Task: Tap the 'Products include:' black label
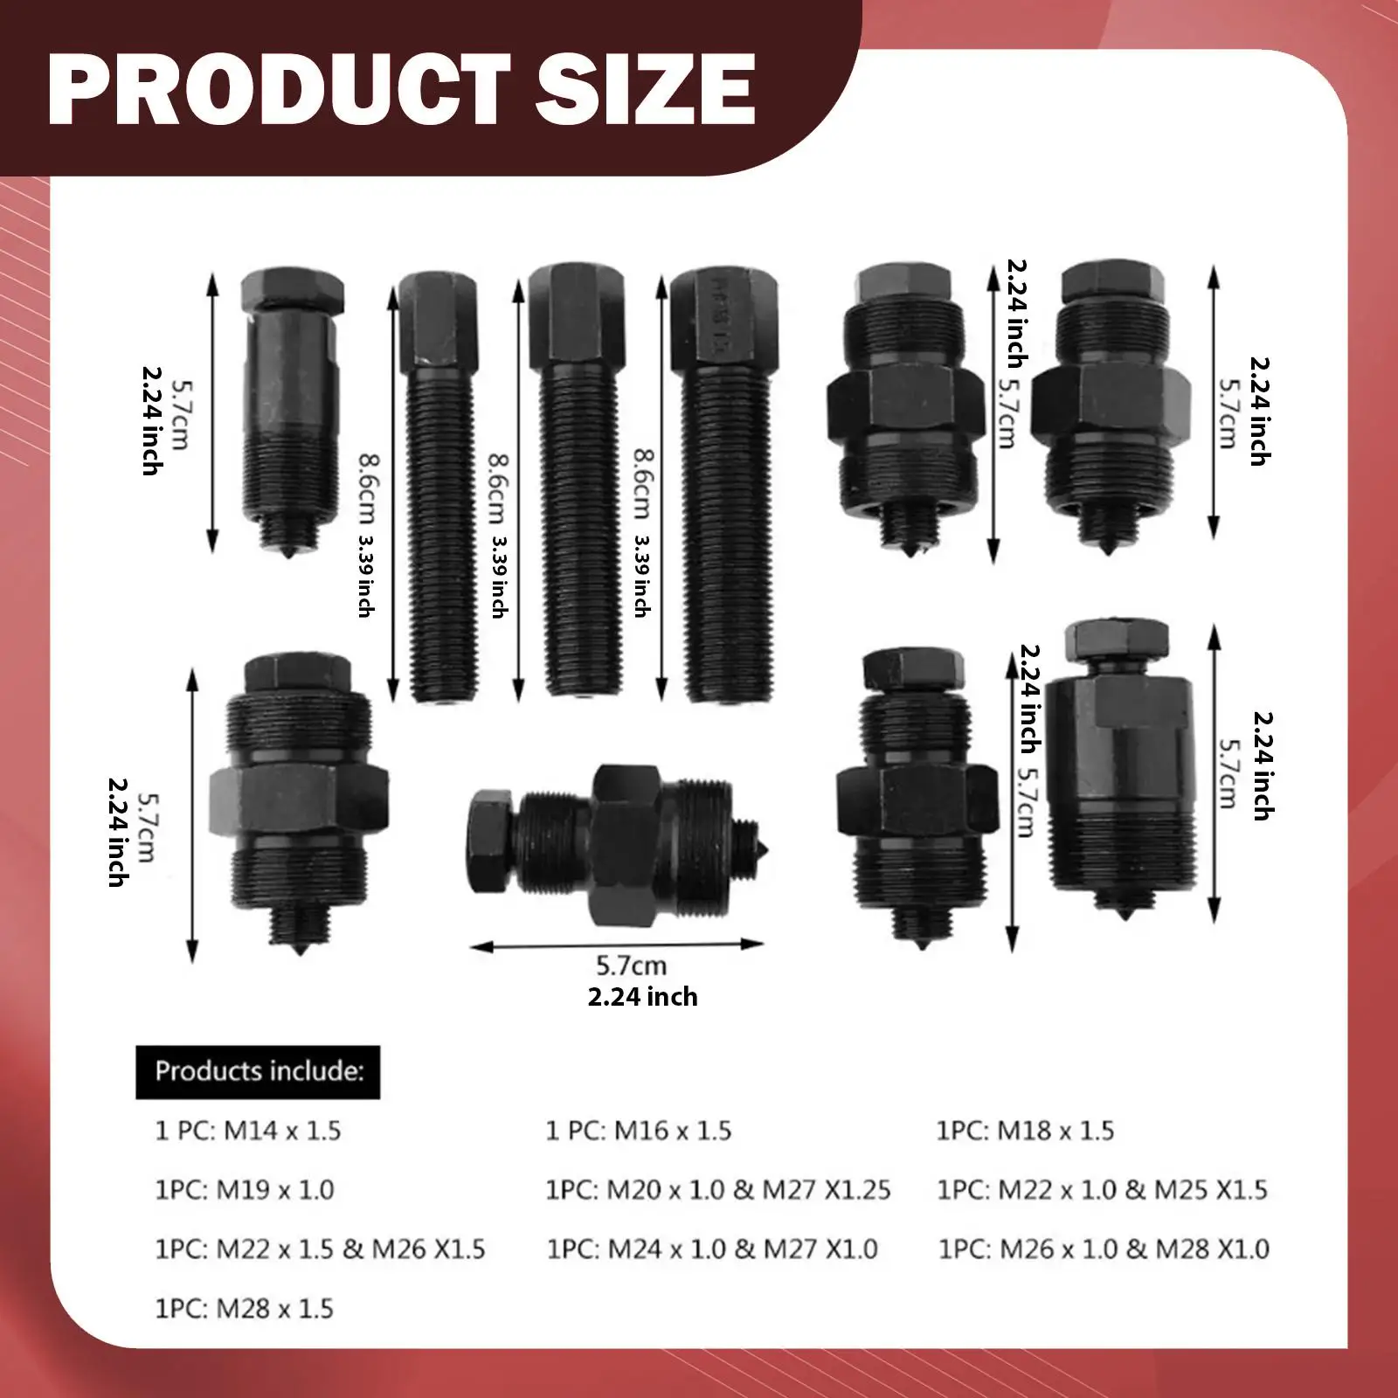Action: pyautogui.click(x=258, y=1071)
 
